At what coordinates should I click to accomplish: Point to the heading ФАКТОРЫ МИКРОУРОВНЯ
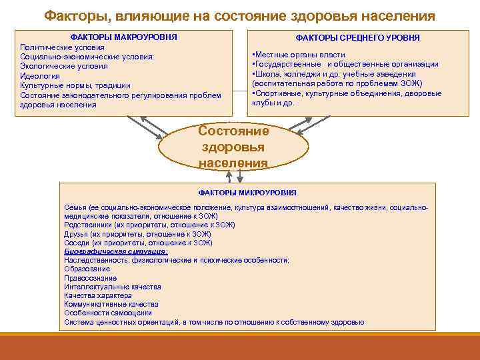pos(247,192)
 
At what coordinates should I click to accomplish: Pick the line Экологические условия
pos(63,67)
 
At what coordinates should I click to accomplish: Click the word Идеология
pos(39,76)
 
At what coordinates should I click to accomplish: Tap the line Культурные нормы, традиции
pos(75,85)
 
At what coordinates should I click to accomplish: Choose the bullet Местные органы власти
pos(298,54)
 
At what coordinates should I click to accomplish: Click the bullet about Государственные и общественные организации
pos(345,64)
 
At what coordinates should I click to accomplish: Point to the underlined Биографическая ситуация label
pos(116,252)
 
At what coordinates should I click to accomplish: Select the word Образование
pos(87,269)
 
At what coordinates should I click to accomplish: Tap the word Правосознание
pos(90,278)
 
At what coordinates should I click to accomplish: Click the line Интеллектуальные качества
pos(112,287)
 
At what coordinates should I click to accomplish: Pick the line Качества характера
pos(98,295)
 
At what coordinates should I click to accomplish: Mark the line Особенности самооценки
pos(108,313)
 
